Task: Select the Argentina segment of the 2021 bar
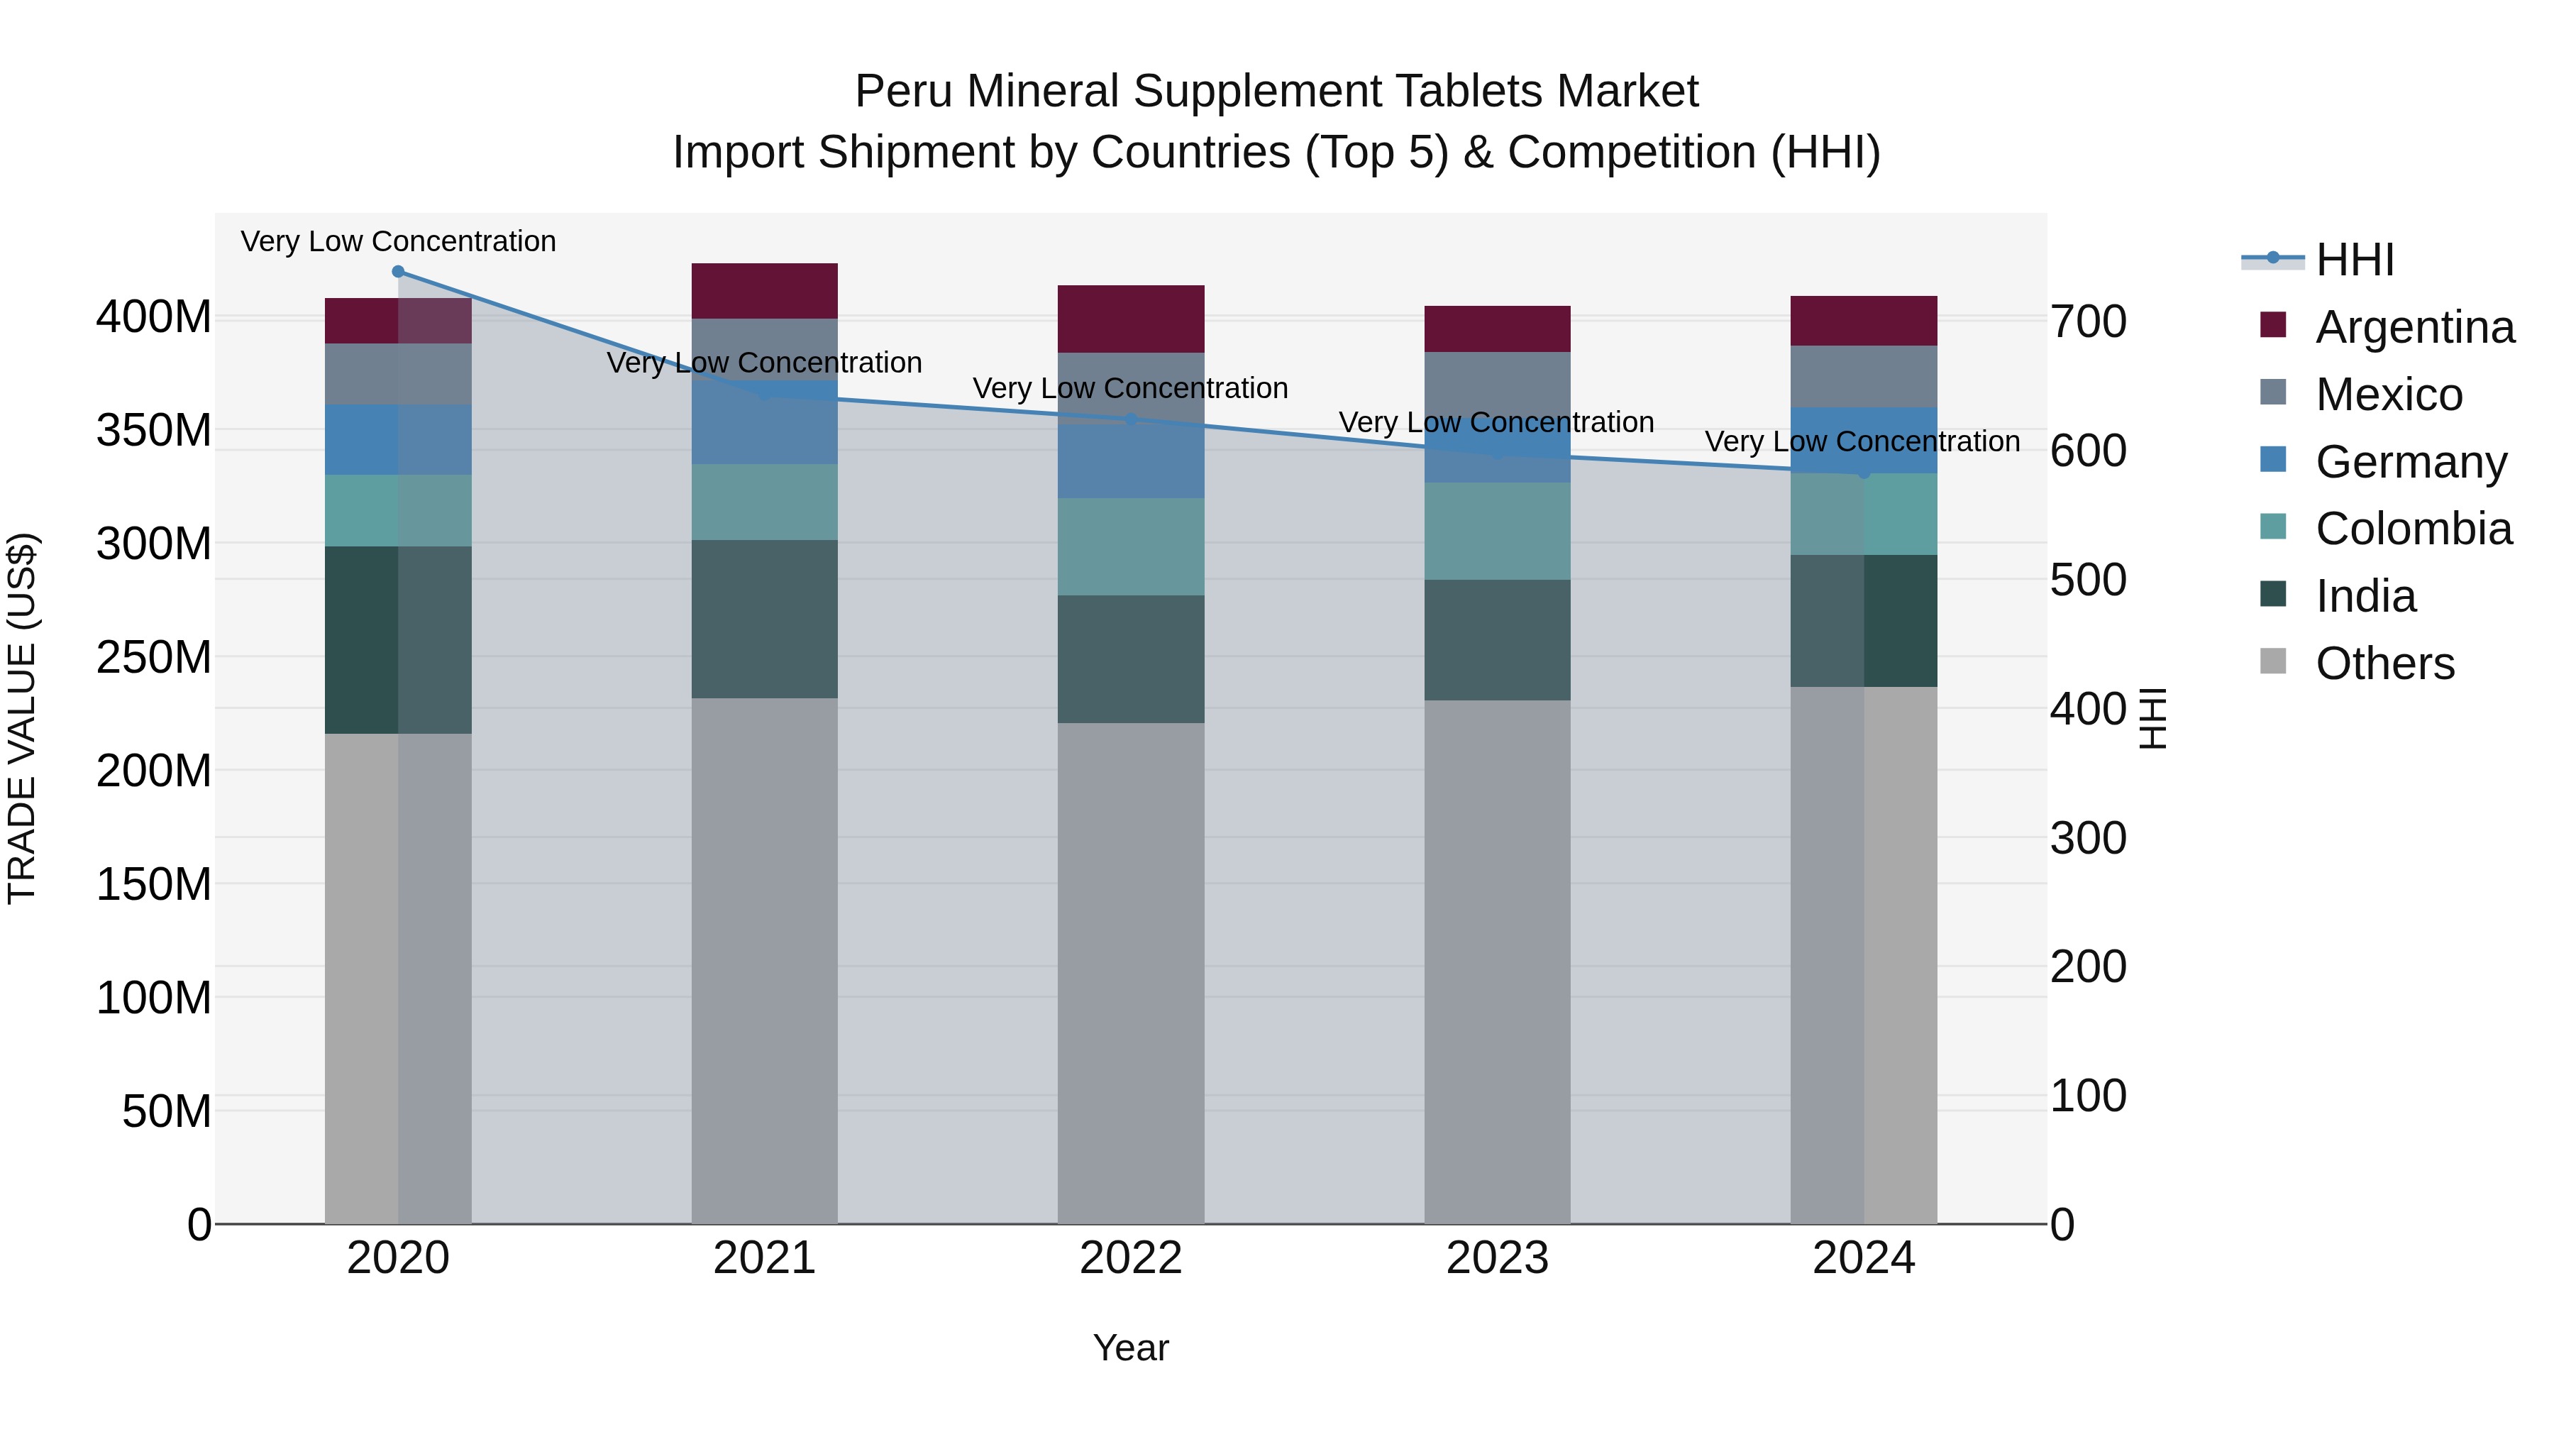click(x=763, y=290)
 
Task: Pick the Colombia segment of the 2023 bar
click(x=1497, y=531)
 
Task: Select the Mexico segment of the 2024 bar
click(x=1863, y=376)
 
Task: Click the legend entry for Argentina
click(x=2414, y=327)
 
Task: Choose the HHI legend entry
click(x=2354, y=260)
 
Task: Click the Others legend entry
click(x=2384, y=664)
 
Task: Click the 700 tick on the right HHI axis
click(x=2088, y=322)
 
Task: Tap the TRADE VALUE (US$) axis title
click(x=22, y=718)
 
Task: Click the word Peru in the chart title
click(x=902, y=92)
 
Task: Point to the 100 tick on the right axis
click(x=2088, y=1096)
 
